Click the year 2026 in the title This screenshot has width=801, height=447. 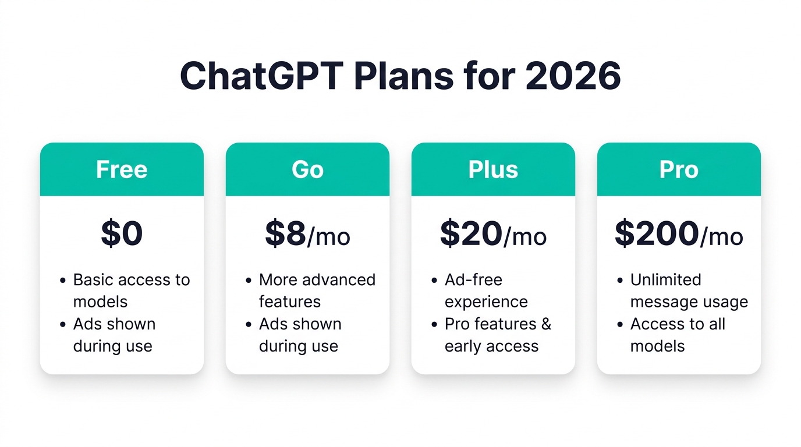[573, 76]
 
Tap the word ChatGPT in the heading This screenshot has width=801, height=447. [262, 76]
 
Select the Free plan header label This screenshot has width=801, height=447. [122, 169]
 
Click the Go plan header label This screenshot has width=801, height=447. [307, 169]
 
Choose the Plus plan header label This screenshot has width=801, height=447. [493, 169]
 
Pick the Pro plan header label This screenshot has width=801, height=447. [679, 169]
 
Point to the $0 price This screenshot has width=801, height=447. [122, 233]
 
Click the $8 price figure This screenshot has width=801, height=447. [285, 233]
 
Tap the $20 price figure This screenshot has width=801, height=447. [472, 233]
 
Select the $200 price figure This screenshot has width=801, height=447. [657, 233]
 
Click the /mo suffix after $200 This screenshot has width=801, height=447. [722, 237]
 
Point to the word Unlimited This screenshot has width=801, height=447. [665, 279]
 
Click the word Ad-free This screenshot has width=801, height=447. [473, 279]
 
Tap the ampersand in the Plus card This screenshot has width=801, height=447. [546, 324]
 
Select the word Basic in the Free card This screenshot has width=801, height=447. [93, 279]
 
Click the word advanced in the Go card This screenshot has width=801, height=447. [339, 279]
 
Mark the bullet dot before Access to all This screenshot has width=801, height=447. [620, 325]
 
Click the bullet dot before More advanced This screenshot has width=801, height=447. [249, 281]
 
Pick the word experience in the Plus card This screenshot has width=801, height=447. [486, 303]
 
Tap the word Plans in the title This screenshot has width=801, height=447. [404, 76]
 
